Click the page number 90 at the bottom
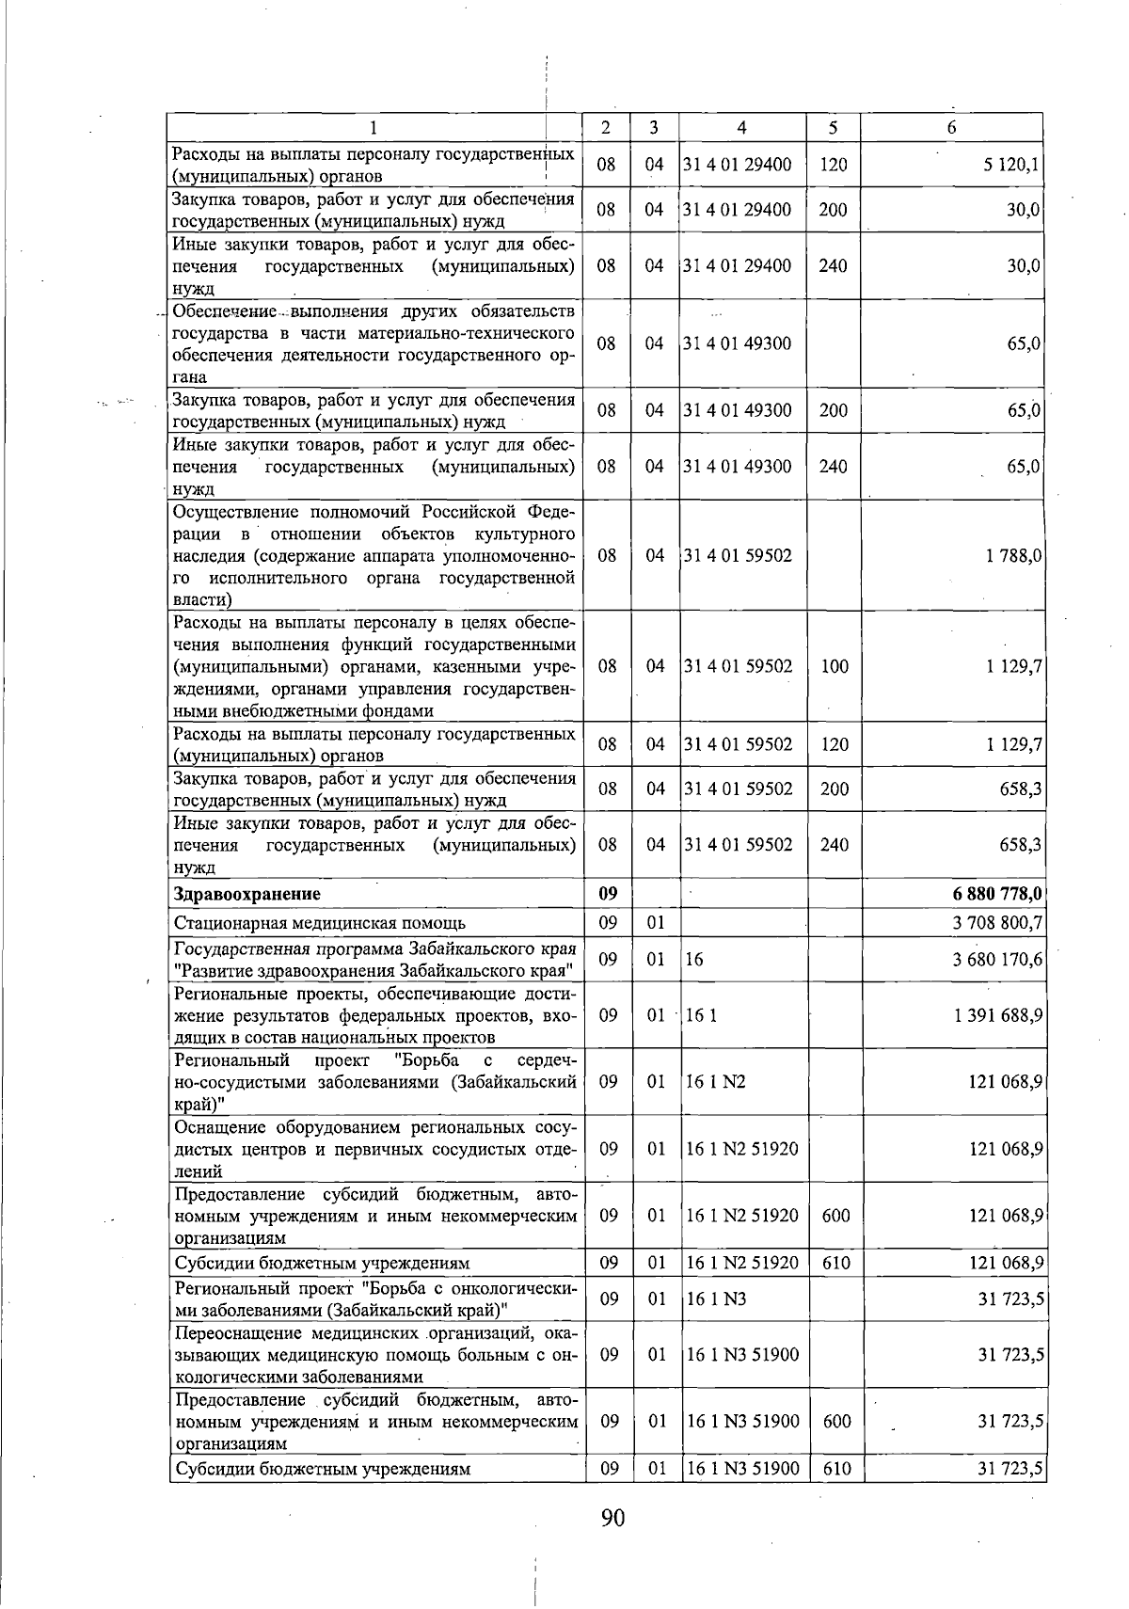tap(612, 1518)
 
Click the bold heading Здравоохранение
tap(246, 894)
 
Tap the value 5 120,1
tap(1011, 166)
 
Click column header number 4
tap(742, 127)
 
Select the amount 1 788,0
tap(1013, 556)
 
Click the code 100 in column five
tap(834, 666)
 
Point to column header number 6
tap(951, 127)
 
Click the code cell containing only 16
tap(695, 960)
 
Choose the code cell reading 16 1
tap(702, 1016)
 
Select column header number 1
tap(374, 127)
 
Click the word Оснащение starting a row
tap(215, 1127)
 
